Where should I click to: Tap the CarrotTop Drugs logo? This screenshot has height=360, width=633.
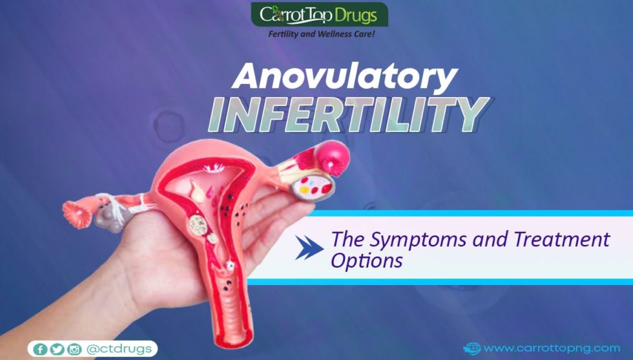(x=319, y=14)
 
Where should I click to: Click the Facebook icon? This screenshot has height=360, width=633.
(x=40, y=349)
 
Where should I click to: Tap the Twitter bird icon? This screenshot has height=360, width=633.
(x=57, y=349)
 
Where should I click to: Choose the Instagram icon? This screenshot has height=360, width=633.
(x=74, y=349)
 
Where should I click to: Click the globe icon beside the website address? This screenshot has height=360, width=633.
(x=472, y=348)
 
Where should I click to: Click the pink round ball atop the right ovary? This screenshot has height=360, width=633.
(x=334, y=158)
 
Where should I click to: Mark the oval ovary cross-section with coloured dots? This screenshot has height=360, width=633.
(x=314, y=187)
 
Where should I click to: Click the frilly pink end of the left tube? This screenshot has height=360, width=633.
(x=77, y=213)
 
